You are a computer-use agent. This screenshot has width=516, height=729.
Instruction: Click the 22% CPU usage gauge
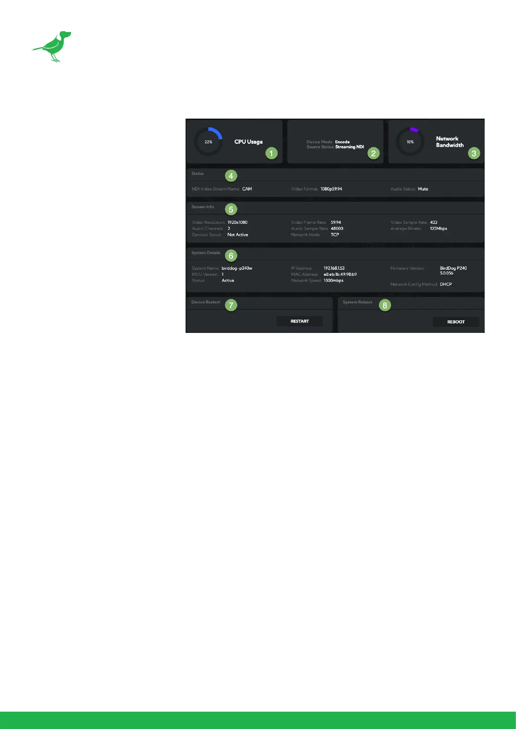click(x=208, y=142)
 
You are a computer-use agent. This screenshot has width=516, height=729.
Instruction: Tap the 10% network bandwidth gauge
click(x=410, y=142)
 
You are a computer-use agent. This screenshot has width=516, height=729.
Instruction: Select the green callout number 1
click(x=271, y=153)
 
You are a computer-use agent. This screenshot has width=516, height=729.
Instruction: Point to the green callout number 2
click(x=373, y=153)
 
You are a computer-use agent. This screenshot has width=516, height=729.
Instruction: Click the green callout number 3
click(x=474, y=153)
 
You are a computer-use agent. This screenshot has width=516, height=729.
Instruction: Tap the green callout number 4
click(x=231, y=176)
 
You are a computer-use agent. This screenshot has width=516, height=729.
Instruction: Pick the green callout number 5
click(x=231, y=210)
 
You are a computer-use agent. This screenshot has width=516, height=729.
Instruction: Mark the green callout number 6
click(x=231, y=255)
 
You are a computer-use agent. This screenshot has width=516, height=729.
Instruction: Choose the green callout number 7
click(x=231, y=305)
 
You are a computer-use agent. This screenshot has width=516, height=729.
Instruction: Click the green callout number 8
click(x=385, y=305)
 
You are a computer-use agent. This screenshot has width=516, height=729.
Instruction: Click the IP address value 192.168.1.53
click(x=334, y=268)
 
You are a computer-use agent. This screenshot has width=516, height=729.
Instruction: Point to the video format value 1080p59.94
click(x=331, y=189)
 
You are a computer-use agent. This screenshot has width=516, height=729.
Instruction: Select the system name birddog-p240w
click(x=237, y=268)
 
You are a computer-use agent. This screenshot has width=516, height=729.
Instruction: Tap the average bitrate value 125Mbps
click(x=438, y=229)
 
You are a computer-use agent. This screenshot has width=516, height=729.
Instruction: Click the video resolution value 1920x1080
click(x=237, y=223)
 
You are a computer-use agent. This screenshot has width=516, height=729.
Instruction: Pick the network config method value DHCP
click(x=446, y=284)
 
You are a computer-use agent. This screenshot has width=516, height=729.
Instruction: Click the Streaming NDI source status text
click(x=350, y=147)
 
